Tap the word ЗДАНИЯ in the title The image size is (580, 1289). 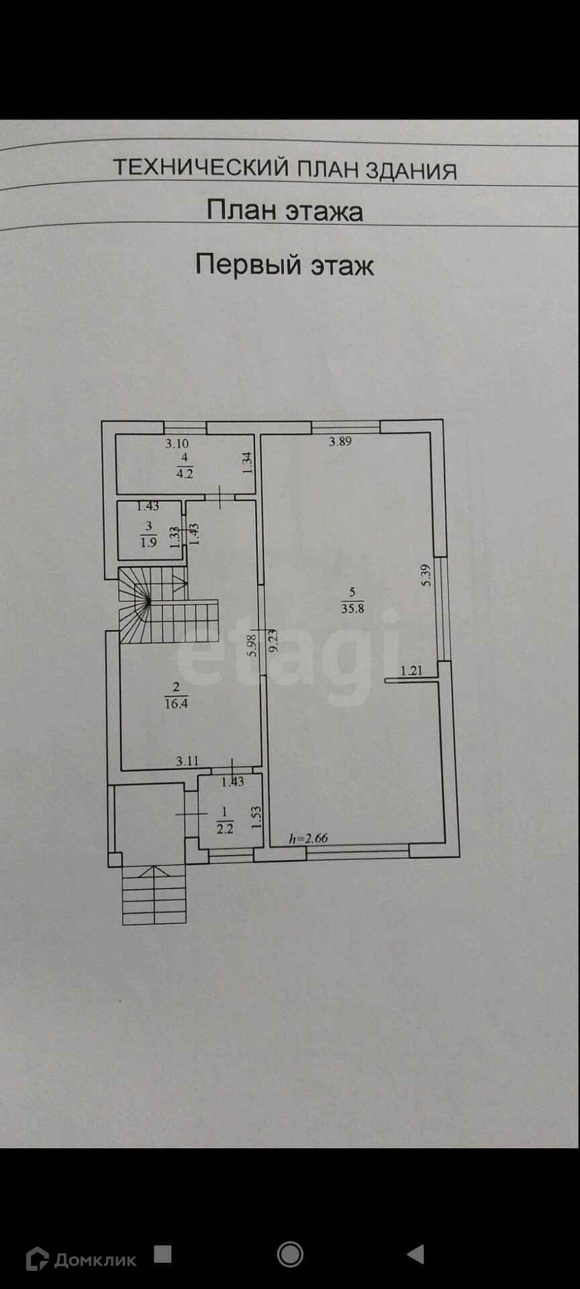(412, 171)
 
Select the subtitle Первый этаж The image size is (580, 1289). (284, 264)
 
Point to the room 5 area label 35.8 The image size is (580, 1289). (352, 609)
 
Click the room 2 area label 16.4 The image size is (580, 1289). (176, 704)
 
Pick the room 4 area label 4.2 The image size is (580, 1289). (184, 473)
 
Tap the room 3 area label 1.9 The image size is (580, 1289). (148, 542)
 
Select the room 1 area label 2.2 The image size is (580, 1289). (224, 828)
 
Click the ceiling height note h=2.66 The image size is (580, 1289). (308, 838)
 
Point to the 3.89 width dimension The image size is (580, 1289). (340, 442)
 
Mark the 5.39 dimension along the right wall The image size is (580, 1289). (425, 575)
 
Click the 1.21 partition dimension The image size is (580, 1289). (412, 670)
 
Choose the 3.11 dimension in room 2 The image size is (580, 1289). (187, 761)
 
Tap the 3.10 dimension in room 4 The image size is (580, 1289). (177, 443)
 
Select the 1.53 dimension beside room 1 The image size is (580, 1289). (255, 817)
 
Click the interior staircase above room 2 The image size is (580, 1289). (168, 604)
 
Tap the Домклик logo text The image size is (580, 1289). (95, 1259)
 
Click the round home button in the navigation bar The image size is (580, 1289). (290, 1253)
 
